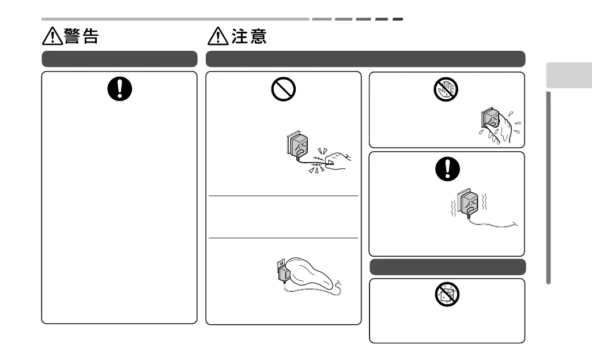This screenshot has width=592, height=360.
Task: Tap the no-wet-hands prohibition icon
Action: pyautogui.click(x=447, y=89)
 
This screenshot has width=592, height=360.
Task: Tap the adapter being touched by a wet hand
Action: pyautogui.click(x=488, y=120)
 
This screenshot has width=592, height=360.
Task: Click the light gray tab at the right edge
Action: pyautogui.click(x=568, y=75)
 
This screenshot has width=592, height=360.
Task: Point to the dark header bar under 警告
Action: pyautogui.click(x=119, y=59)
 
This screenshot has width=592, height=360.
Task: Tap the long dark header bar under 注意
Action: pyautogui.click(x=365, y=59)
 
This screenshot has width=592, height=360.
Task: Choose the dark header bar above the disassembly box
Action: pyautogui.click(x=447, y=267)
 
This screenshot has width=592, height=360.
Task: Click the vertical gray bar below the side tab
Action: pyautogui.click(x=549, y=187)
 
